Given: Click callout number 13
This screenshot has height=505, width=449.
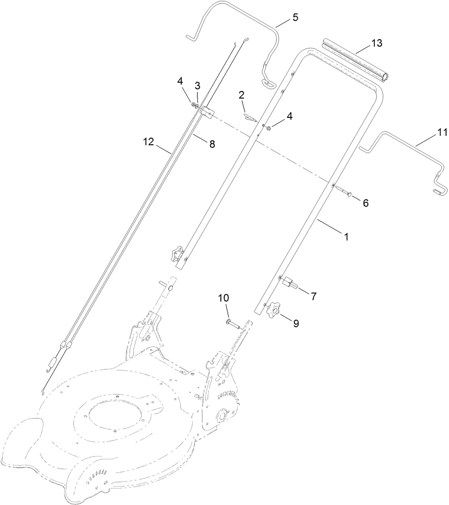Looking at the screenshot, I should click(x=376, y=43).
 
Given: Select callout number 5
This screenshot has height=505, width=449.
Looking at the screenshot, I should click(x=295, y=18).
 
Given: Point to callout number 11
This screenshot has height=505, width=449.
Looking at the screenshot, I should click(x=441, y=132).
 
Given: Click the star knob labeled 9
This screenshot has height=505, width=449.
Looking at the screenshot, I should click(x=273, y=310).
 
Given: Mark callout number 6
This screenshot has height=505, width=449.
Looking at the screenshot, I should click(x=366, y=203).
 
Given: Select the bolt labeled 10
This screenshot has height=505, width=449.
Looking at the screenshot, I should click(x=232, y=323).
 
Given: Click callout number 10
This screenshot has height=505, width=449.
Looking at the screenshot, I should click(x=223, y=298).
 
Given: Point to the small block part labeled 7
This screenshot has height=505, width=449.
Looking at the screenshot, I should click(x=289, y=284).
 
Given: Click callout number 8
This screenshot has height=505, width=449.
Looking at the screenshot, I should click(x=212, y=144).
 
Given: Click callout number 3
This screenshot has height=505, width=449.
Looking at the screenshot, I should click(x=197, y=86).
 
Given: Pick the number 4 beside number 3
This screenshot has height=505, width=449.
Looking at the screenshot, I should click(x=180, y=82).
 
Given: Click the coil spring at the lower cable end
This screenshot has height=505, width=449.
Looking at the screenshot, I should click(x=51, y=364).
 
